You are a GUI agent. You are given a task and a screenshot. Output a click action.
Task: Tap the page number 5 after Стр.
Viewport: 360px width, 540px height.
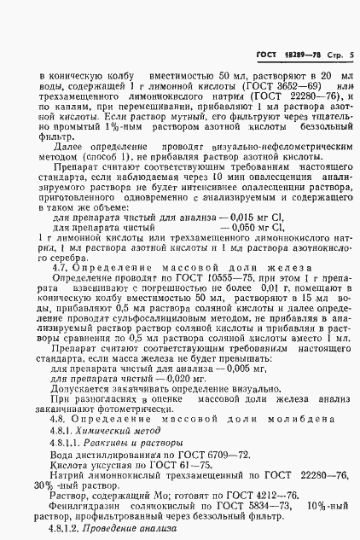pyautogui.click(x=350, y=56)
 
